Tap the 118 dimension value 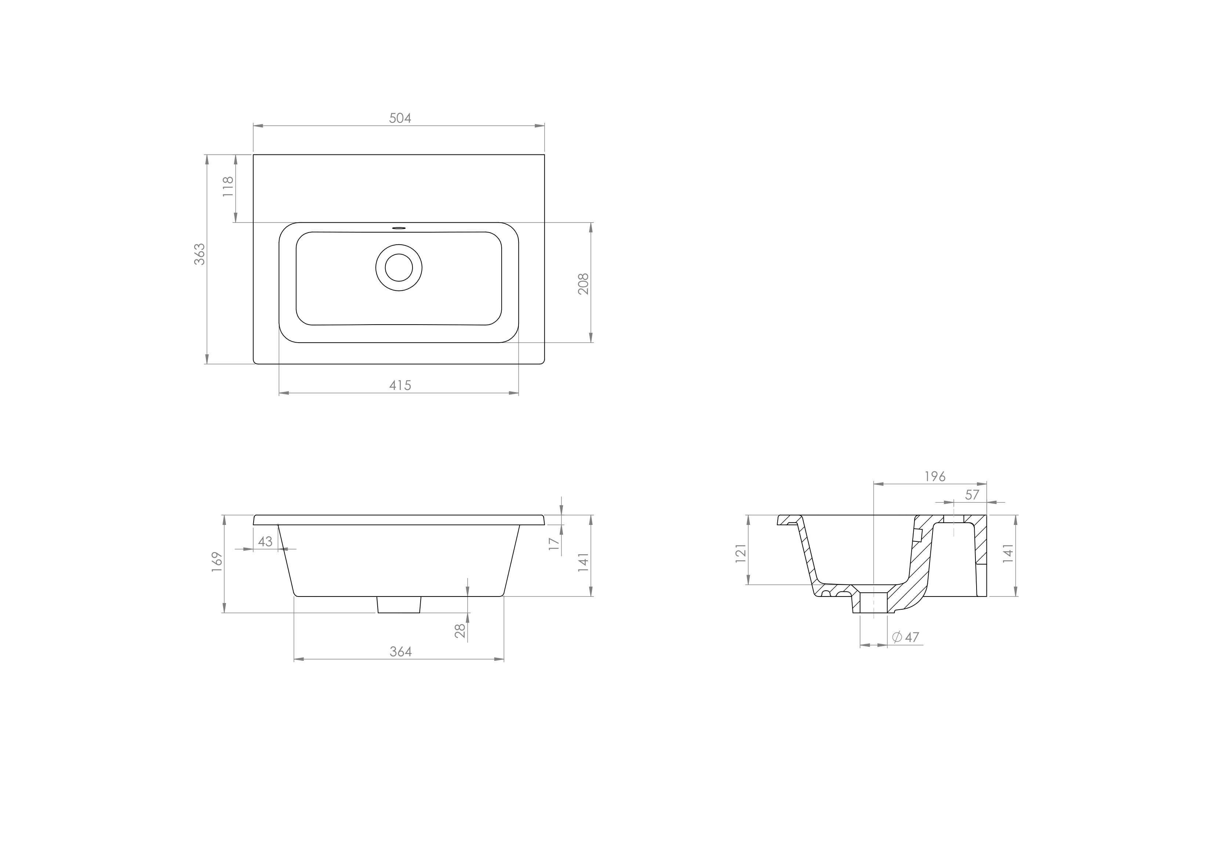click(228, 187)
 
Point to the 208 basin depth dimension click(583, 284)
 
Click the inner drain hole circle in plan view click(399, 267)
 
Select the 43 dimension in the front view click(265, 541)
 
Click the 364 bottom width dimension click(400, 652)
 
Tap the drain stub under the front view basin click(399, 604)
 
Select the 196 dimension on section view click(934, 476)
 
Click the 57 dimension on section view click(972, 495)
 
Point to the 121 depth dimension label click(741, 552)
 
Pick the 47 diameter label click(912, 637)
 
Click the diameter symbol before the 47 click(897, 637)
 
